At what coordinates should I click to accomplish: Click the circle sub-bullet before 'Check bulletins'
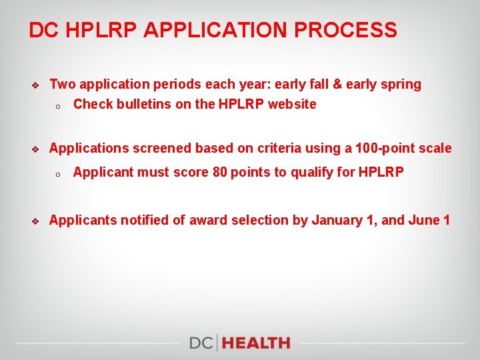(58, 105)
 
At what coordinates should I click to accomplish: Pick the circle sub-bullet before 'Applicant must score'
(58, 173)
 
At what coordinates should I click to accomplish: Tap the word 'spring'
(401, 85)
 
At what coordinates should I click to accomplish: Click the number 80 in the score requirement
(220, 172)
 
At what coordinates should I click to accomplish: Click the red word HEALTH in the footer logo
(257, 343)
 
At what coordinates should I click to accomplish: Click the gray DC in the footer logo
(201, 343)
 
